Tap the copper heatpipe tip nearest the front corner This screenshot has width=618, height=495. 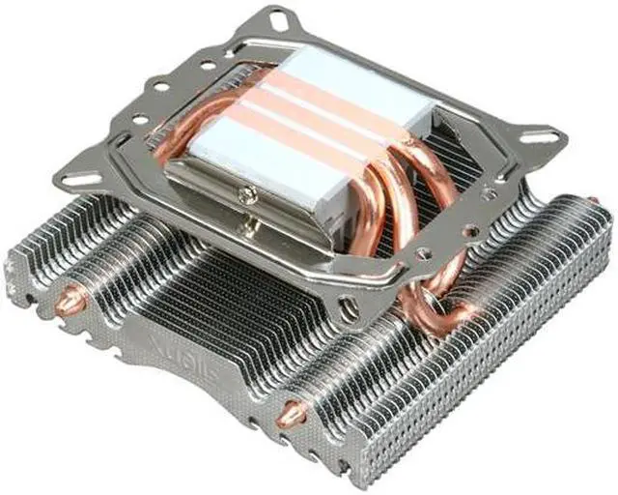[x=288, y=413]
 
